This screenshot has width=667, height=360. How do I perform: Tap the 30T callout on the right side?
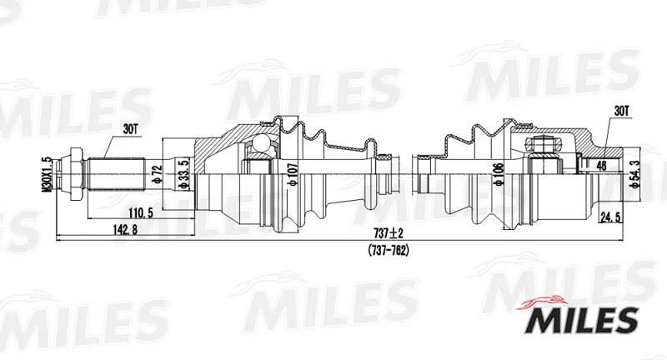point(620,111)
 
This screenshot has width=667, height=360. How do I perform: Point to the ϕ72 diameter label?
point(158,175)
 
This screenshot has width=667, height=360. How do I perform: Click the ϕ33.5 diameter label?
point(183,175)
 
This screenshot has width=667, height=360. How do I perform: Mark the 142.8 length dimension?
point(125,230)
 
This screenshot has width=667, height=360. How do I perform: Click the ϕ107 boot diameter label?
point(293,175)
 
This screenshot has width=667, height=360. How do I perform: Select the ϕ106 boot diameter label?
point(499,174)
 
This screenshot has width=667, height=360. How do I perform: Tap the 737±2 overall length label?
point(388,232)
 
